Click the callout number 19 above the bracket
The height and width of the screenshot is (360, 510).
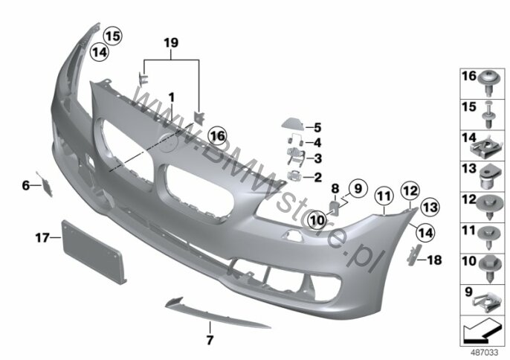[x=171, y=42]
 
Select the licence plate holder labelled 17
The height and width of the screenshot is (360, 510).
[x=94, y=251]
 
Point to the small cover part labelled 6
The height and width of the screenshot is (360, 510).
[x=45, y=184]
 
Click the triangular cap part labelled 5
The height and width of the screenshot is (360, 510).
[x=293, y=124]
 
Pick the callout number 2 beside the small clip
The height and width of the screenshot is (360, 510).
[x=317, y=177]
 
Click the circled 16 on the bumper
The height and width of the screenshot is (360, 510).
[x=218, y=135]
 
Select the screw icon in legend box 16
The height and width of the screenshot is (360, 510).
[x=489, y=83]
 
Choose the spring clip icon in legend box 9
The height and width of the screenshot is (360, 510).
[x=485, y=303]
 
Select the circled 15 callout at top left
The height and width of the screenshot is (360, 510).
[x=113, y=36]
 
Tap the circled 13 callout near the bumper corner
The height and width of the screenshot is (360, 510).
[x=430, y=207]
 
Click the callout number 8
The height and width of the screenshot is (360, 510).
[x=335, y=189]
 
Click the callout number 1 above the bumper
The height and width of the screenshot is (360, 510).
[x=172, y=97]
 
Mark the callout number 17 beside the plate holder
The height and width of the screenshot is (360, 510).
[x=42, y=238]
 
